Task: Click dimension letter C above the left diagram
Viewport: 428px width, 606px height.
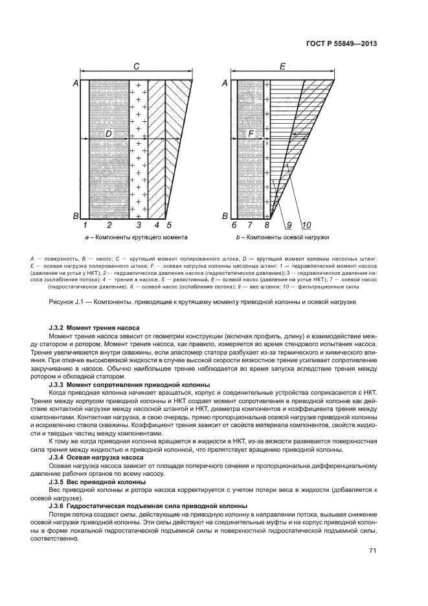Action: click(x=136, y=66)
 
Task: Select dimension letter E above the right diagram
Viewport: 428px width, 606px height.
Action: click(x=282, y=66)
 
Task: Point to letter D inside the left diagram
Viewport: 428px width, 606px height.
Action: click(x=109, y=134)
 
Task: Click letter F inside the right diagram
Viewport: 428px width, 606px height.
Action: click(x=252, y=134)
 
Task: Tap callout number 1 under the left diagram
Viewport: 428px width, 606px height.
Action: click(x=85, y=225)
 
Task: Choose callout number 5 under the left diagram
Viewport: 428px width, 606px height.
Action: click(x=169, y=225)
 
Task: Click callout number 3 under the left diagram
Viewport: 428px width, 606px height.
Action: click(x=138, y=225)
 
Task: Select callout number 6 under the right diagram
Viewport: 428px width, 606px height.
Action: click(x=234, y=225)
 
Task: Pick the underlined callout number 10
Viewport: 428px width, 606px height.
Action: click(x=306, y=225)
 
